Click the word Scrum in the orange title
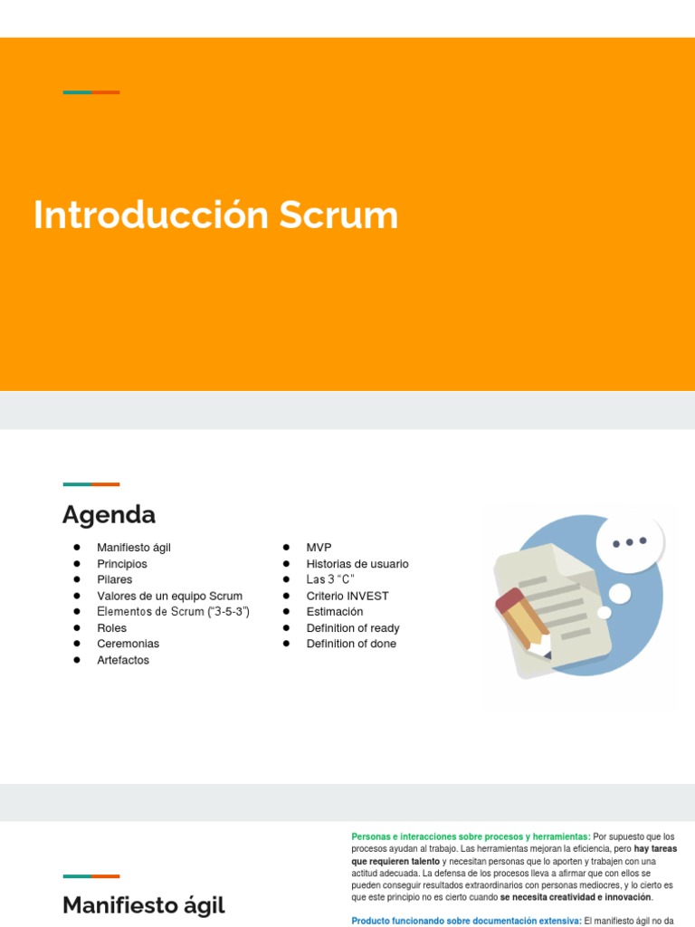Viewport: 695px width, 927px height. pyautogui.click(x=338, y=216)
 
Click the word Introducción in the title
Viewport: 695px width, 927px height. pyautogui.click(x=151, y=216)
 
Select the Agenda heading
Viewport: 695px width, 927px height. pyautogui.click(x=109, y=515)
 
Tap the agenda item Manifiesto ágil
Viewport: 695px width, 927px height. pyautogui.click(x=134, y=548)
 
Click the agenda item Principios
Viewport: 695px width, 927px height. pyautogui.click(x=122, y=564)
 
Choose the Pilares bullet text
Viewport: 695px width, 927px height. pyautogui.click(x=115, y=579)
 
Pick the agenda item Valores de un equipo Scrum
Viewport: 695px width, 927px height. pyautogui.click(x=169, y=596)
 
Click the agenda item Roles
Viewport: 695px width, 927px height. pyautogui.click(x=112, y=628)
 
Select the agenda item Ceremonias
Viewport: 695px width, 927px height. pyautogui.click(x=128, y=644)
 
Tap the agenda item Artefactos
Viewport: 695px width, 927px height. pyautogui.click(x=123, y=660)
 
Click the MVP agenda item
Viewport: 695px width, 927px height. pyautogui.click(x=319, y=548)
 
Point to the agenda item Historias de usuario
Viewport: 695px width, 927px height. pyautogui.click(x=357, y=564)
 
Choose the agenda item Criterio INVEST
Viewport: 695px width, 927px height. pyautogui.click(x=347, y=596)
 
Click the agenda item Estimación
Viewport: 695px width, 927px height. pyautogui.click(x=335, y=612)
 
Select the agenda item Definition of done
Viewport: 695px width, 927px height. pyautogui.click(x=351, y=644)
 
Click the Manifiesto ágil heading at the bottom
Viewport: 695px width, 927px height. pyautogui.click(x=144, y=905)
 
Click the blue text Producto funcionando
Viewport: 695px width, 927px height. pyautogui.click(x=398, y=921)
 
